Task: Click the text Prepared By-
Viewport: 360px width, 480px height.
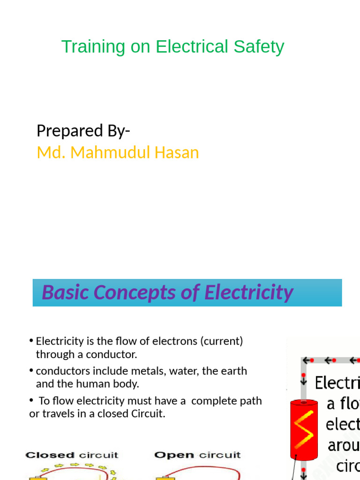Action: (x=83, y=131)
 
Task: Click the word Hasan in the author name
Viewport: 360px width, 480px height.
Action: (x=180, y=152)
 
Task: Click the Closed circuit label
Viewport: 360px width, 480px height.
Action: (x=72, y=455)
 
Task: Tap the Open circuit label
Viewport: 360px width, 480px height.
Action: (x=197, y=455)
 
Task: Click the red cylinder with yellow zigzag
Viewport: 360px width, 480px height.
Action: (x=304, y=429)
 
